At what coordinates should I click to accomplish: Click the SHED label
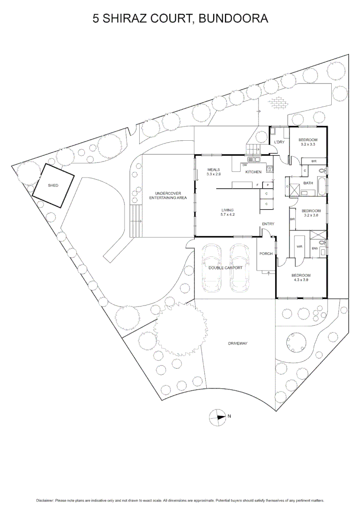pos(53,186)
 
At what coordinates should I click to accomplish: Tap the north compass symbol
pos(218,416)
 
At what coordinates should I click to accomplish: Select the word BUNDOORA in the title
pos(234,18)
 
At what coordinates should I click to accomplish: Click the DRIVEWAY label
pos(237,343)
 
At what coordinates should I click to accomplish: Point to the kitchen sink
pos(252,160)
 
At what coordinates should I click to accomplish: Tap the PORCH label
pos(266,254)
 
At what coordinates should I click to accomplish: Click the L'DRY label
pos(279,142)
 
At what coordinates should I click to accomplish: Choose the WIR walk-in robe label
pos(299,246)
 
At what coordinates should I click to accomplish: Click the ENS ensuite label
pos(315,248)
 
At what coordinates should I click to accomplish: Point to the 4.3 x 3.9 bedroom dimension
pos(301,280)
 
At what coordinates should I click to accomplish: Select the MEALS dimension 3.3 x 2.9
pos(214,174)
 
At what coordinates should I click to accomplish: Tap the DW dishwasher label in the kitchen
pos(245,165)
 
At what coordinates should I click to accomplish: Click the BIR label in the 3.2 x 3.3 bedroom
pos(314,161)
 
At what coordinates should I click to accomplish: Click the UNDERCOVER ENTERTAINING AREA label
pos(168,195)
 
